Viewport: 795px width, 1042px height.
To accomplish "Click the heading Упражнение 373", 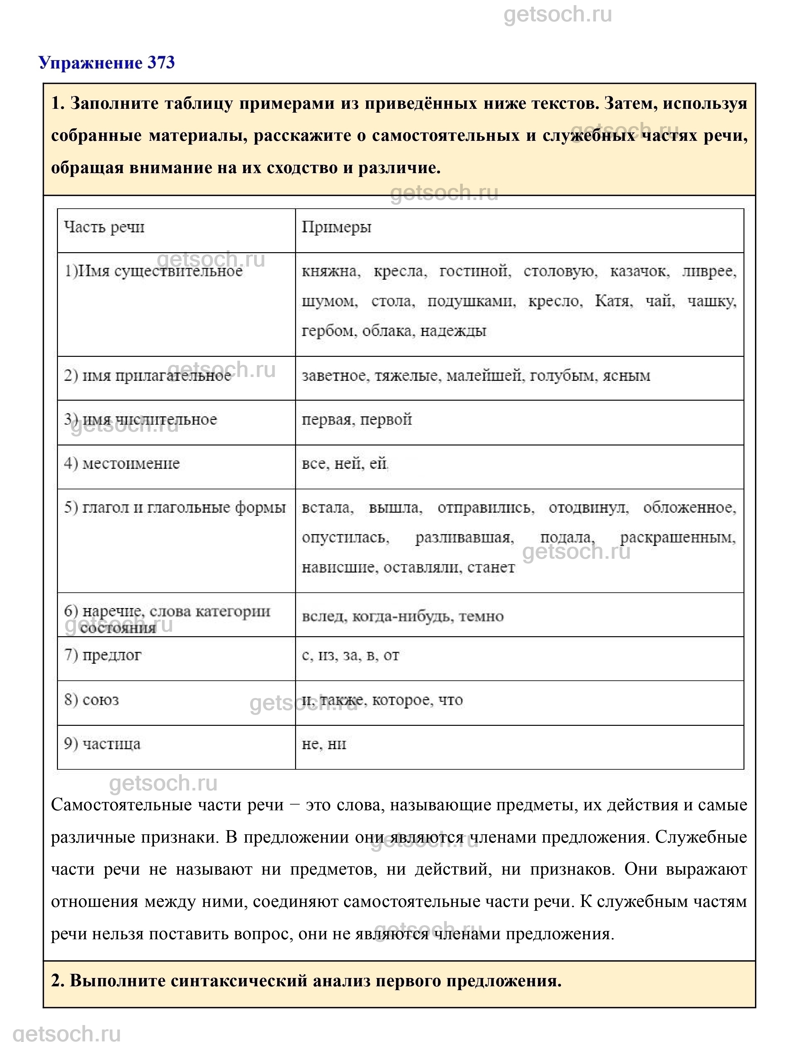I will (107, 62).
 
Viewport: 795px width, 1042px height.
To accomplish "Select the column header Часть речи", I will (104, 227).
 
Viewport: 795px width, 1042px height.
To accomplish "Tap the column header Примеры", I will (336, 227).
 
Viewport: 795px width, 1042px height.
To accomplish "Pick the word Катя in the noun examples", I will (613, 301).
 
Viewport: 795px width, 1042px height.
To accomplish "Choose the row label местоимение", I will (122, 463).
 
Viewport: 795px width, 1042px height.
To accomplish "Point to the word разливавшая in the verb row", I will (464, 538).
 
